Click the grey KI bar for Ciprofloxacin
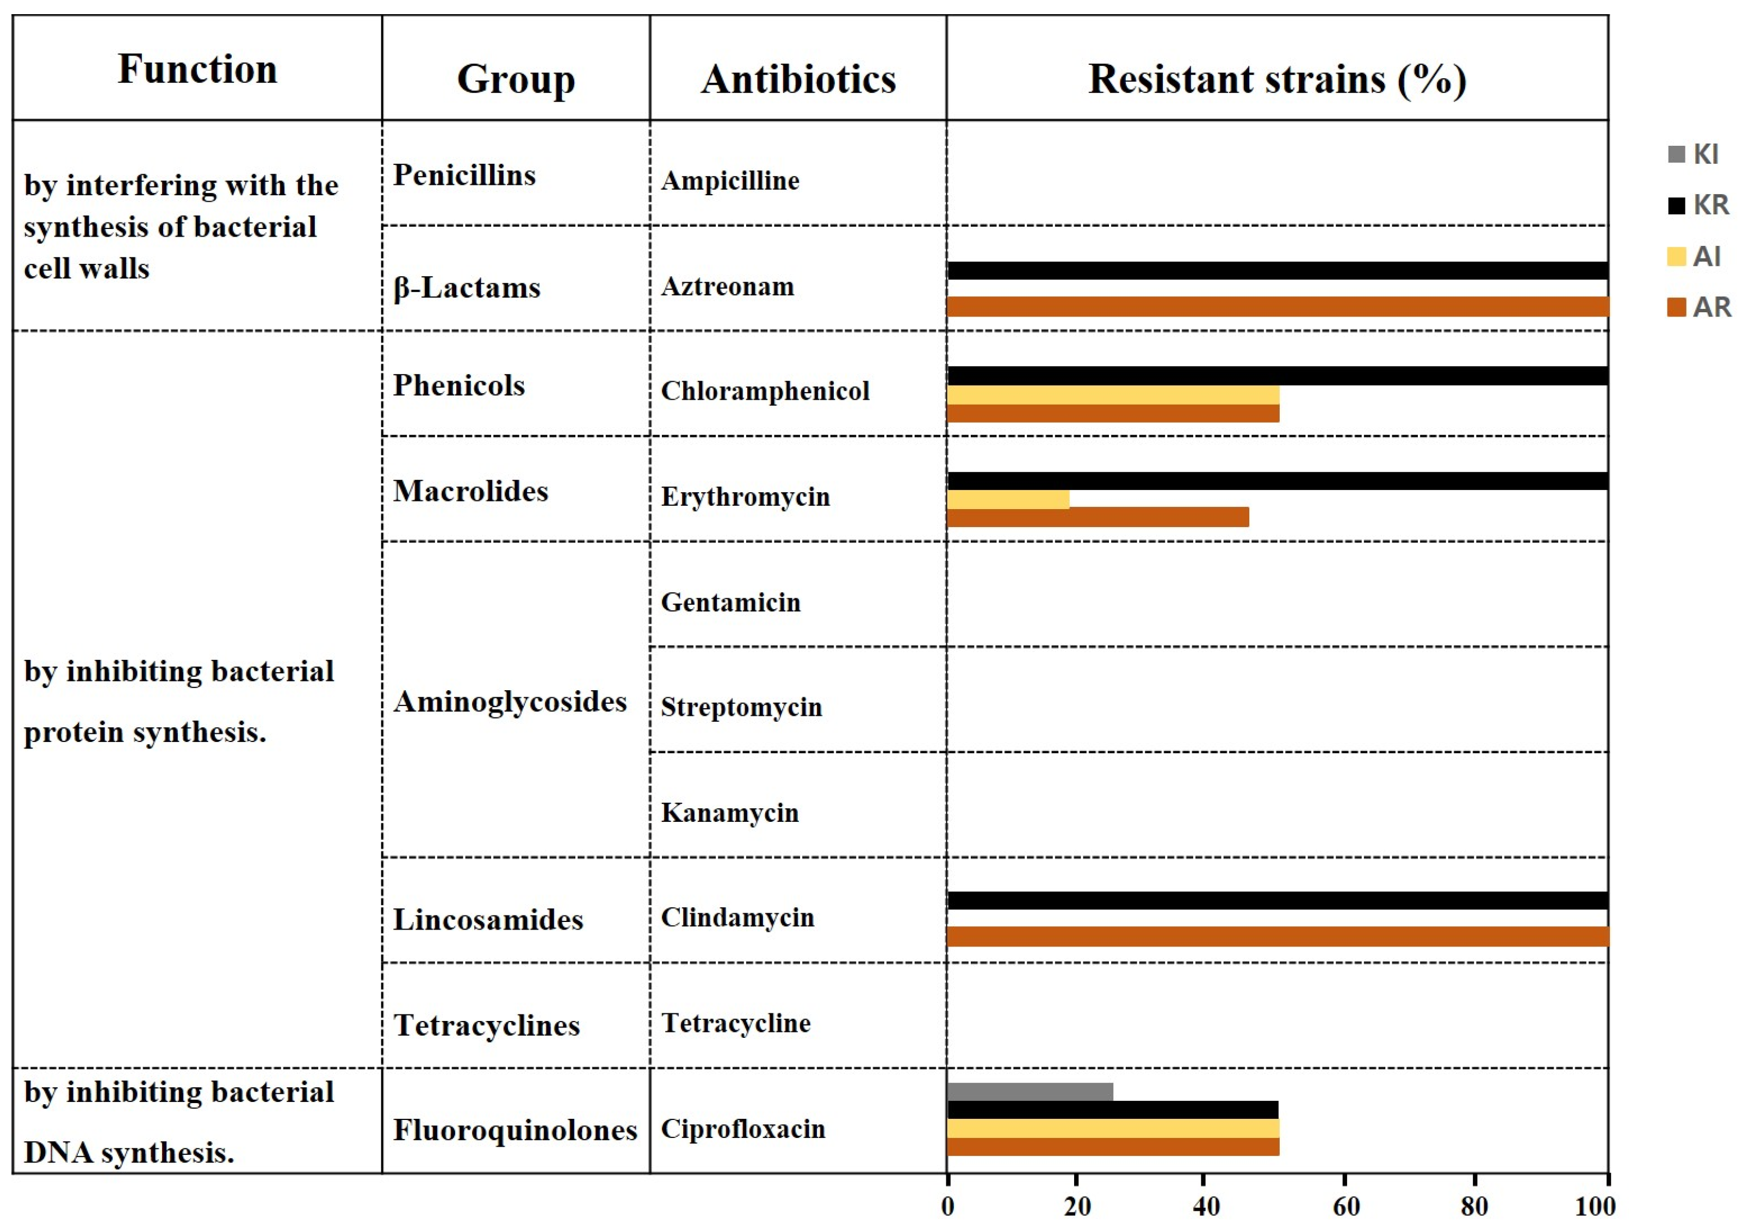(1030, 1092)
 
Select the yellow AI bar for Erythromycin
(1008, 499)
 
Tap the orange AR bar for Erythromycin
(1097, 517)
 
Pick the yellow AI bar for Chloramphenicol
(1112, 395)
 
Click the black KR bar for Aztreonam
(1277, 271)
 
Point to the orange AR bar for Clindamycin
(1277, 937)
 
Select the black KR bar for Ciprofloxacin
(1112, 1110)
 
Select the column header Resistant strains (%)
(1277, 79)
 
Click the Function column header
(197, 69)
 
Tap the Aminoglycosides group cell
(510, 702)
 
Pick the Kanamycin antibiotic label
(729, 813)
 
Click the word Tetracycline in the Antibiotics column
(735, 1023)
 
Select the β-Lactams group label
(467, 288)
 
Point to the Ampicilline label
(730, 181)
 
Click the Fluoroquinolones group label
(514, 1130)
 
